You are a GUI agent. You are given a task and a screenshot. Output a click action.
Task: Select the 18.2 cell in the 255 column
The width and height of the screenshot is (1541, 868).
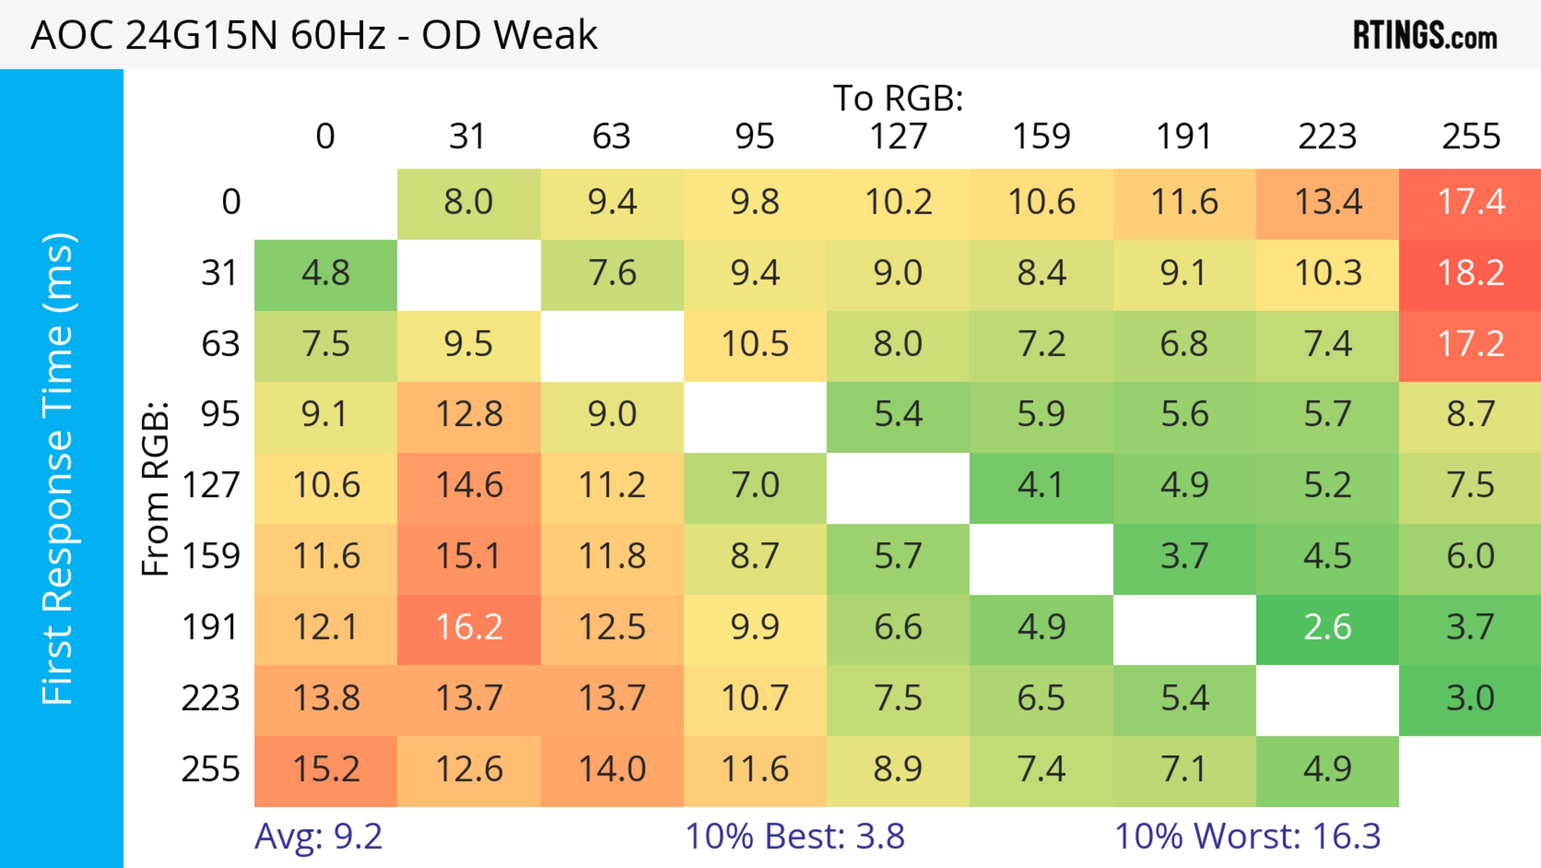[x=1470, y=274]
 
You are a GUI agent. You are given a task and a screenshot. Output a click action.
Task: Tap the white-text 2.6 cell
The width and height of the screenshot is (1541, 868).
[x=1327, y=627]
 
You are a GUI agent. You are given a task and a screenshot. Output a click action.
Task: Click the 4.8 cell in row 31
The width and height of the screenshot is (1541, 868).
[x=325, y=274]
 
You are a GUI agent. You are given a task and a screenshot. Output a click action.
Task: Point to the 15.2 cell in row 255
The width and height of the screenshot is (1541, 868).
[x=325, y=769]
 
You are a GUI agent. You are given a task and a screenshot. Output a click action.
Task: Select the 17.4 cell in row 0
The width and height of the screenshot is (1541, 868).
[x=1470, y=202]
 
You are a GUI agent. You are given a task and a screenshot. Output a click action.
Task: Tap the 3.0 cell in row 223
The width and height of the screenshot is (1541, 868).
[x=1470, y=698]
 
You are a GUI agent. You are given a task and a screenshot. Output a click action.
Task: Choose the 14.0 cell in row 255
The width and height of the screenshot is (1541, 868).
[x=612, y=769]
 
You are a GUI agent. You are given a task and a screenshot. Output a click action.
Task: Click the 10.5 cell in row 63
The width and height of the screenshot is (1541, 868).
[x=755, y=344]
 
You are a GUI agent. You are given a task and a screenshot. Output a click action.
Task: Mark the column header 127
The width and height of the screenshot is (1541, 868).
[x=898, y=137]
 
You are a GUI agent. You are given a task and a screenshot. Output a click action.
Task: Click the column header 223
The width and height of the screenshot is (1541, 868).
[x=1327, y=137]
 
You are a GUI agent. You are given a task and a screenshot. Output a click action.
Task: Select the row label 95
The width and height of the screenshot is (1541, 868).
[x=220, y=414]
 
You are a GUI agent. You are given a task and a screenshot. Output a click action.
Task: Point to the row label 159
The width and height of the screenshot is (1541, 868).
[x=211, y=556]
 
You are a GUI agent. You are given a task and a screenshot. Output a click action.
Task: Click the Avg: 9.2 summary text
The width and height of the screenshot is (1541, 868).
[x=318, y=836]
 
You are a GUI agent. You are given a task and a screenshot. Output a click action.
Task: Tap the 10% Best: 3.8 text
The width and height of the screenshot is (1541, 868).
[x=795, y=836]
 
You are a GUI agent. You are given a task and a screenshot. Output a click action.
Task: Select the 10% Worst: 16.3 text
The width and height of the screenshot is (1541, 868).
[x=1247, y=836]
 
